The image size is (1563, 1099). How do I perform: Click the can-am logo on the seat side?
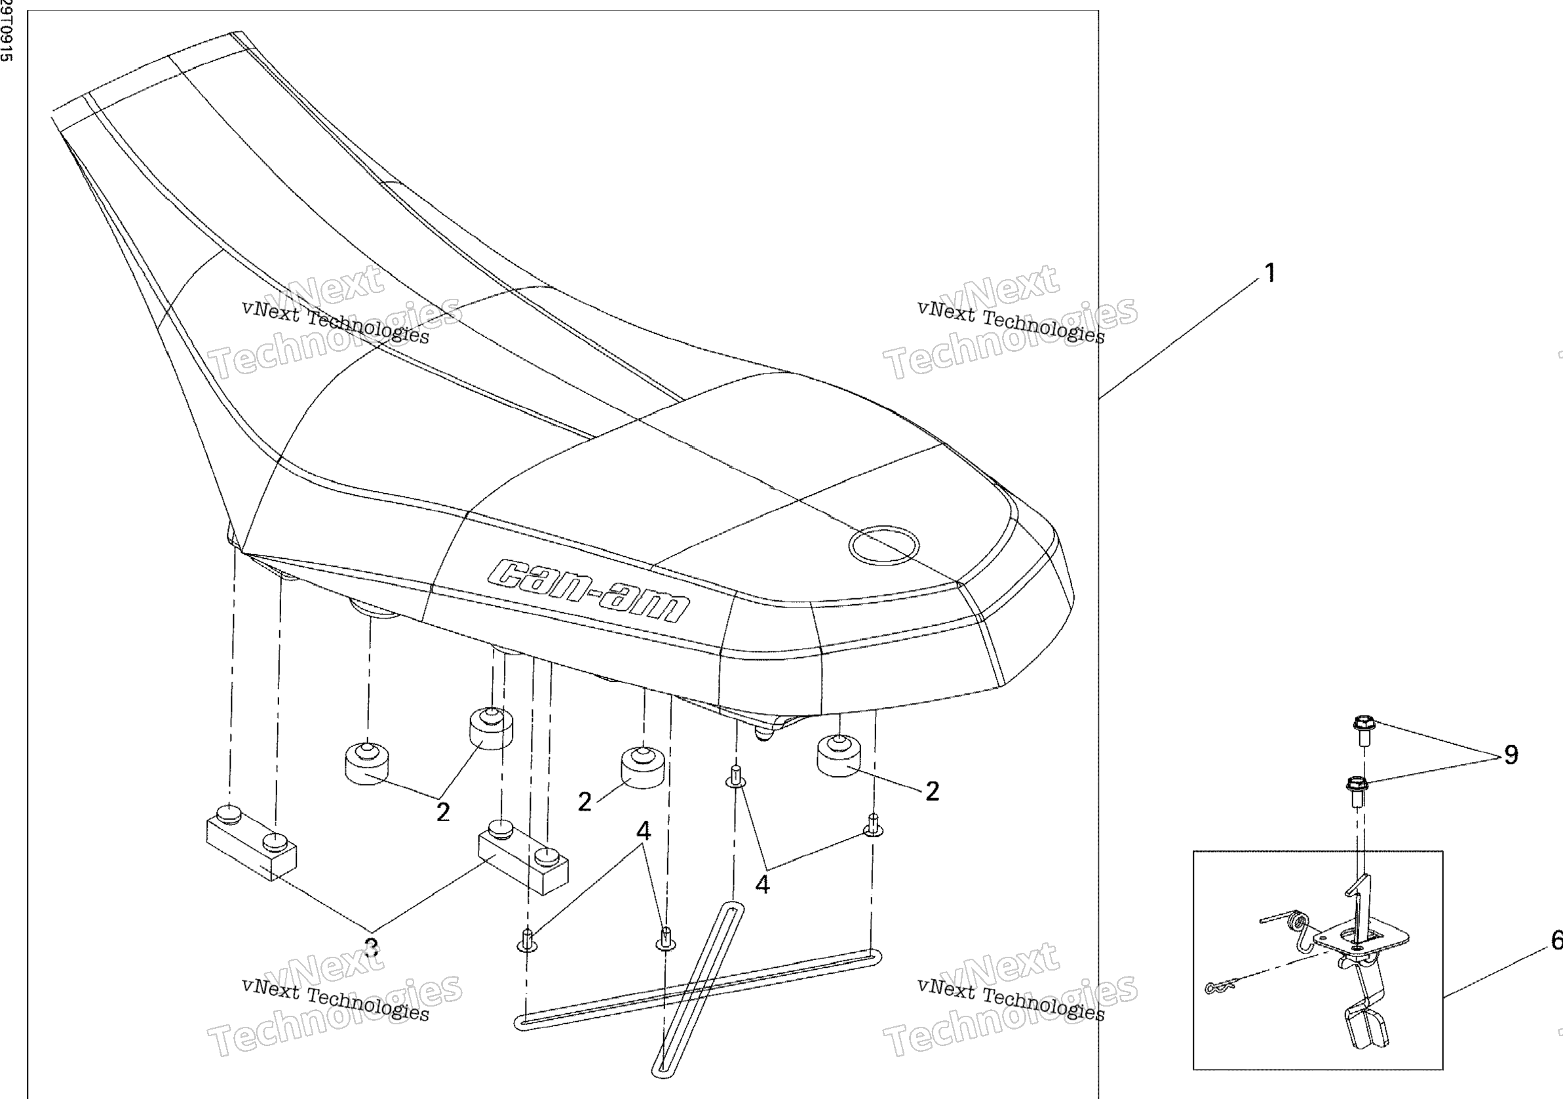click(590, 590)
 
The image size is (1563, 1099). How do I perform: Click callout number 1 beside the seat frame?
click(1269, 274)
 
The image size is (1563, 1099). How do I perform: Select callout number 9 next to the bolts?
click(1511, 754)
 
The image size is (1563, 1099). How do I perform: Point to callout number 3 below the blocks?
click(371, 947)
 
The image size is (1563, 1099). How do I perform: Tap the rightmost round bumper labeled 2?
click(838, 754)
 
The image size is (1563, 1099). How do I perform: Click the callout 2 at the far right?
click(932, 791)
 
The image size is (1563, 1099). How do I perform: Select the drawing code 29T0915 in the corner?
click(5, 31)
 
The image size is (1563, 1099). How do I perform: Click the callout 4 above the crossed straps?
click(644, 831)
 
